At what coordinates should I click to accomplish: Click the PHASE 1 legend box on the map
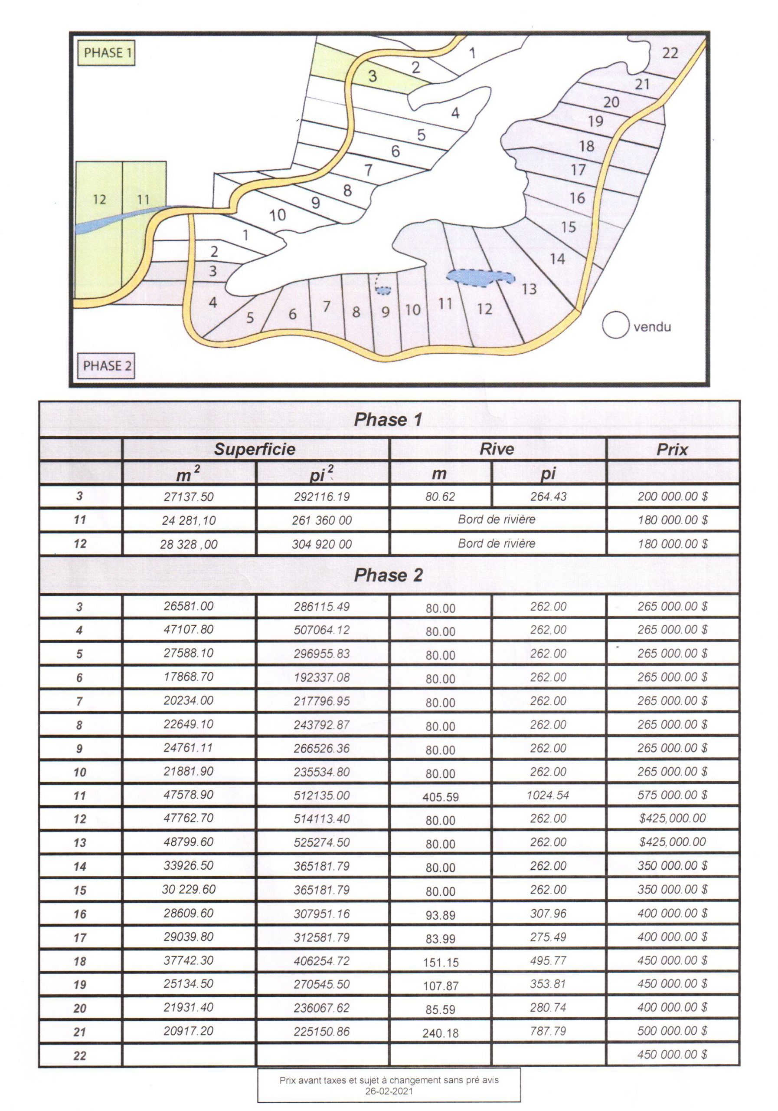(106, 53)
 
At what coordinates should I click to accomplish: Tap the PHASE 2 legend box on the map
(106, 366)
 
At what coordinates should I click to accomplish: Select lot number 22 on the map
(670, 53)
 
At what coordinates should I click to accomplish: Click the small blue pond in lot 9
(383, 290)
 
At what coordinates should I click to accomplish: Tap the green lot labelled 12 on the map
(99, 199)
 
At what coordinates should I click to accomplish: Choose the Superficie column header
(255, 449)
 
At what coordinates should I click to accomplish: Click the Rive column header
(497, 449)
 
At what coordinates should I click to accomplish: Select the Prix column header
(672, 450)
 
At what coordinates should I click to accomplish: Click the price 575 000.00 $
(672, 795)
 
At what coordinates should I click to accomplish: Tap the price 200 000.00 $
(672, 496)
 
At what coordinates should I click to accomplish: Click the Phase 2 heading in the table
(388, 575)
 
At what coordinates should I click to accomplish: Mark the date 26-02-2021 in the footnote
(389, 1091)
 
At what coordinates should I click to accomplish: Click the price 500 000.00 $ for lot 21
(672, 1031)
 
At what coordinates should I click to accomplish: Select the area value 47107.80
(188, 630)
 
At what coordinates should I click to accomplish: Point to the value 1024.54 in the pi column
(548, 795)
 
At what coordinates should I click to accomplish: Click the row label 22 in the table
(80, 1055)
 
